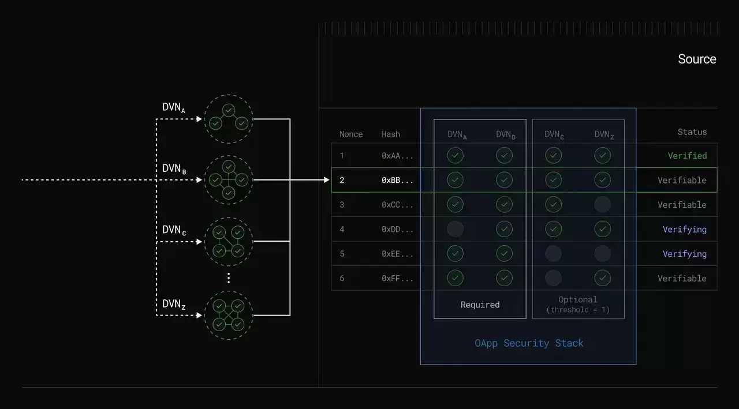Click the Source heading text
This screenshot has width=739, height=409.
[x=697, y=59]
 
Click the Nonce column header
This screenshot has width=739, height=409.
[x=351, y=134]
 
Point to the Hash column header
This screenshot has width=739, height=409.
[x=391, y=134]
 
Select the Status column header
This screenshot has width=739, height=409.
[x=692, y=132]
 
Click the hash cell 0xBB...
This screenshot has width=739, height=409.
[x=397, y=180]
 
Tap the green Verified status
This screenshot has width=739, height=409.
[x=687, y=156]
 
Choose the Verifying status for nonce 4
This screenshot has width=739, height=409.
[x=685, y=229]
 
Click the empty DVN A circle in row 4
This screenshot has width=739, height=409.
[x=455, y=229]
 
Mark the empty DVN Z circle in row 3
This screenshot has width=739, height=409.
[x=602, y=204]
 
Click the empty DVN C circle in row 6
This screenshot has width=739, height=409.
[x=553, y=278]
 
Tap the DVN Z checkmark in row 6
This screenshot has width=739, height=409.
[x=602, y=278]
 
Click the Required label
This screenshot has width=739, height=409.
[x=480, y=305]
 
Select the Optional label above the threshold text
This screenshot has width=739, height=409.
[x=578, y=299]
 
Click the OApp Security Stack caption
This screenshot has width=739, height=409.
[x=529, y=343]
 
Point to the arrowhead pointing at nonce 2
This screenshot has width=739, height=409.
[x=326, y=180]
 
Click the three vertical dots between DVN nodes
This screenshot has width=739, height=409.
[x=229, y=278]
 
